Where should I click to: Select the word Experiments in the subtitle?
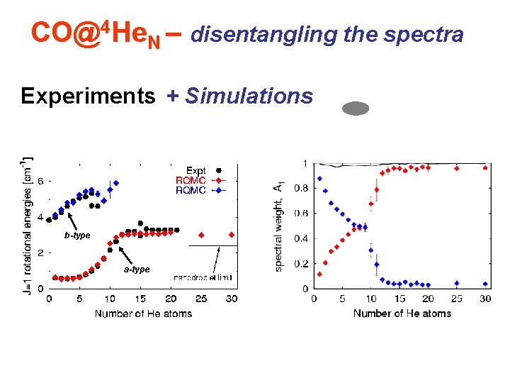88,96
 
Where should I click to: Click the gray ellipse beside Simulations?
356,109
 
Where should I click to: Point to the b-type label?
77,235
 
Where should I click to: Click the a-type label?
137,270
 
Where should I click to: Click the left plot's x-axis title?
143,313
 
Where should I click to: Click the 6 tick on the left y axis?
40,182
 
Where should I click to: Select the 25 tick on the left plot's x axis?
201,299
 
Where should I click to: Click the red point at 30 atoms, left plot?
232,235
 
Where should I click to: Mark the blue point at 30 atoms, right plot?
485,284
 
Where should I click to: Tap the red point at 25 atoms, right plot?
457,169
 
